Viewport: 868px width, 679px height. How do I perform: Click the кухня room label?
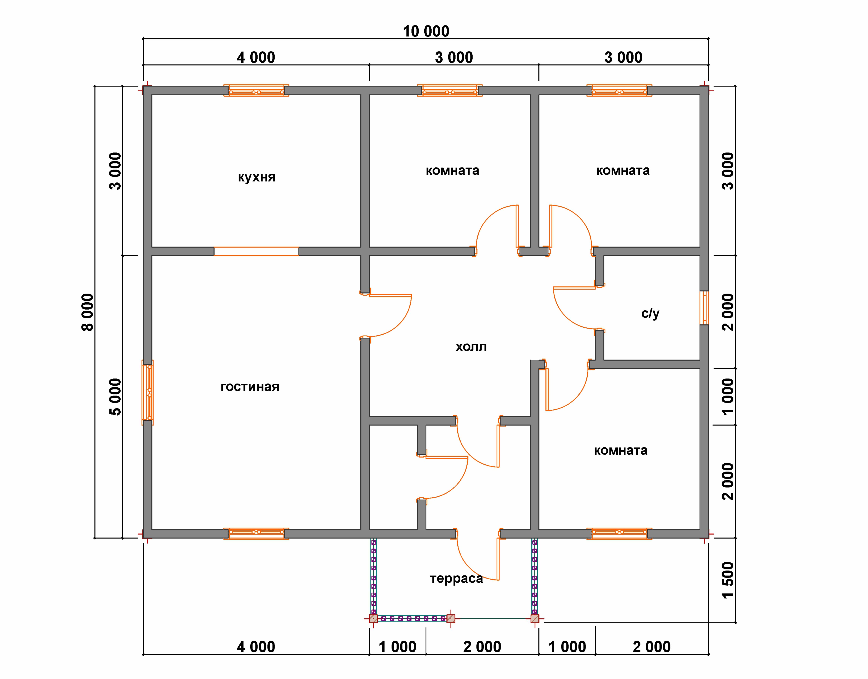256,177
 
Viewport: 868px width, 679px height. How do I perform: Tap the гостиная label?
250,387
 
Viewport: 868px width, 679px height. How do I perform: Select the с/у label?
650,314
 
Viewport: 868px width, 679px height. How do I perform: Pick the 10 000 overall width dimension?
426,31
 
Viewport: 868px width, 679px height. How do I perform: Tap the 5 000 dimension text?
115,397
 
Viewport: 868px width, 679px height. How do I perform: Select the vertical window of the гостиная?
148,392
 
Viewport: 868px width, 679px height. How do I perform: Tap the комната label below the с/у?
621,451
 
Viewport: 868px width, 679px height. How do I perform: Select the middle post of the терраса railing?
450,619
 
